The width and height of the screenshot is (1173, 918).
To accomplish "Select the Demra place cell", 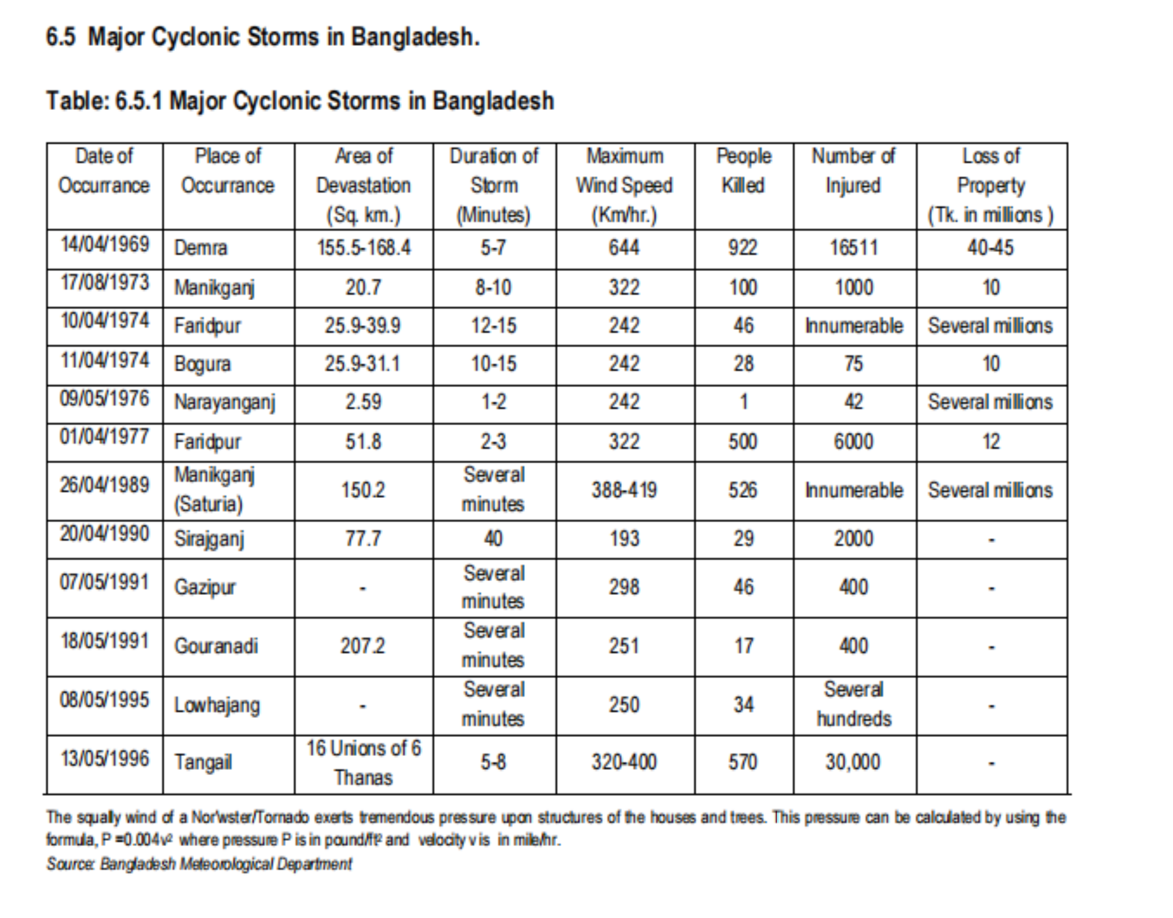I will click(x=200, y=248).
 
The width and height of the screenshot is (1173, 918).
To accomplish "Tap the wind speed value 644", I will click(x=624, y=248).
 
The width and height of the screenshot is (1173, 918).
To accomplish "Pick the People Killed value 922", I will click(x=742, y=248).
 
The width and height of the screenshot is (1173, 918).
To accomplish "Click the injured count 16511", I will click(x=853, y=248).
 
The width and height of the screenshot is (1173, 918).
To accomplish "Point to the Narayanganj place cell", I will click(x=224, y=403).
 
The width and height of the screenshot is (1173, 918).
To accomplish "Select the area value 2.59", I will click(x=363, y=402).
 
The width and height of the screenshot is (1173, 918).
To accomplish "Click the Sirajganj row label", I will click(x=209, y=539).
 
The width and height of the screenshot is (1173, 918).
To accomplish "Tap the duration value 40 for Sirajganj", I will click(x=493, y=539).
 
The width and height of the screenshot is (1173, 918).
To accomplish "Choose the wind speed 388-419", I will click(x=624, y=490).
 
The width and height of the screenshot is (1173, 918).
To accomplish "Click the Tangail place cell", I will click(x=203, y=762).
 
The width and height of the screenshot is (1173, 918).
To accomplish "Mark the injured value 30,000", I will click(x=853, y=762).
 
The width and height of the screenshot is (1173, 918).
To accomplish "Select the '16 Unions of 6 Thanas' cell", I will click(x=363, y=762).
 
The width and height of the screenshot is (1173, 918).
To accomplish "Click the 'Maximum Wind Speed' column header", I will click(x=624, y=185).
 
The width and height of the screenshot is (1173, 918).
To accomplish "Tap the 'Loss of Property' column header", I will click(x=991, y=185).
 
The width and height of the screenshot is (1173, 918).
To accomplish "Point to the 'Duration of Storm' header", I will click(x=493, y=185).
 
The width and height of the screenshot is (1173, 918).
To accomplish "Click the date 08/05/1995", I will click(x=104, y=700).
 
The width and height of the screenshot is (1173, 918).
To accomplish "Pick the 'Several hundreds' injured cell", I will click(x=853, y=704).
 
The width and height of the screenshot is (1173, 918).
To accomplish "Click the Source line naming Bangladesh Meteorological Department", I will click(x=199, y=864).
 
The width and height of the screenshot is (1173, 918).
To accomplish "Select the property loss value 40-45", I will click(x=990, y=248).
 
